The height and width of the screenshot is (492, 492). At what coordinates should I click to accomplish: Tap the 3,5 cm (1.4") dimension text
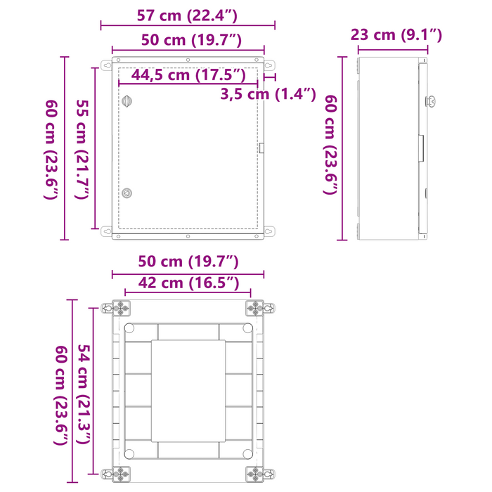point(267,93)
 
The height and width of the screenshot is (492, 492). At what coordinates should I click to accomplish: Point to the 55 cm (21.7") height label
point(82,148)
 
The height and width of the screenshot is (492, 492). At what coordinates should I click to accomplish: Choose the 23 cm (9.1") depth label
point(396,35)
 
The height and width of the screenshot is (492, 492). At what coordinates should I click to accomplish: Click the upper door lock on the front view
point(127,101)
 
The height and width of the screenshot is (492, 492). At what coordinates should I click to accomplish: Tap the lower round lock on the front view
point(127,193)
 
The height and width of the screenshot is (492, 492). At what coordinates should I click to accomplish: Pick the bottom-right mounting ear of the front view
point(268,231)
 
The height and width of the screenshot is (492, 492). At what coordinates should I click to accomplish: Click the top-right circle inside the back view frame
point(247,328)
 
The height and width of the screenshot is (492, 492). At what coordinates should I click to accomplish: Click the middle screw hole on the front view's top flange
point(188,58)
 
